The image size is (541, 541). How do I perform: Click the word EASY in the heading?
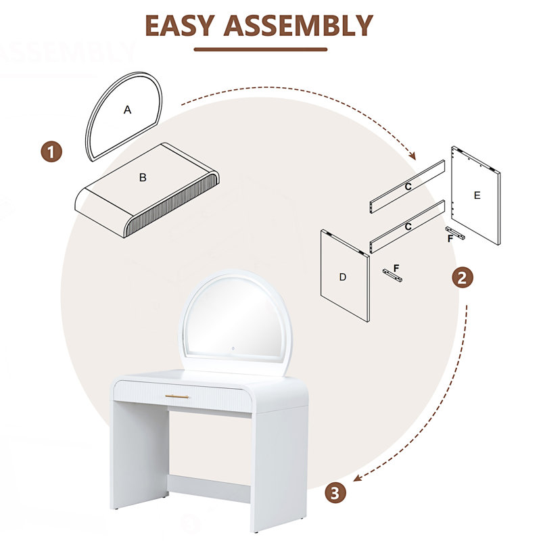(179, 26)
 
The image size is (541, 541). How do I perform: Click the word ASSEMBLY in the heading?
(298, 26)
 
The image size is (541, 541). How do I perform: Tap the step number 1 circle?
(51, 152)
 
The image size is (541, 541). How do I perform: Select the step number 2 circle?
(463, 278)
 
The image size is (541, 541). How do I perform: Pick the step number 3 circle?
(335, 493)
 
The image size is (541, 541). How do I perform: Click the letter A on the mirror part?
(127, 110)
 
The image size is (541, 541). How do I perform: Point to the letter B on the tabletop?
(143, 177)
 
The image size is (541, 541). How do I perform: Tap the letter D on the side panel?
(343, 277)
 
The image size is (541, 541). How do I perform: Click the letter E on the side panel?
(477, 195)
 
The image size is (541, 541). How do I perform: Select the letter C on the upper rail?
(408, 187)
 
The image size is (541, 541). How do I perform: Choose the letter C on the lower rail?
(408, 227)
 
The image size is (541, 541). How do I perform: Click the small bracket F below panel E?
(455, 233)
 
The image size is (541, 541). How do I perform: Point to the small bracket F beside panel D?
(393, 275)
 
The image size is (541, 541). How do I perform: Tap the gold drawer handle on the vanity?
(177, 396)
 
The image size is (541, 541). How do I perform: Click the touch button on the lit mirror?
(233, 348)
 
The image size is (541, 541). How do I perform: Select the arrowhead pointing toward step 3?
(357, 478)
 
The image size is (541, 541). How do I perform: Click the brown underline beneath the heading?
(260, 49)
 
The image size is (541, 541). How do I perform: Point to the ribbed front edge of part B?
(172, 204)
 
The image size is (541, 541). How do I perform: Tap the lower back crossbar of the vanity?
(209, 488)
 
